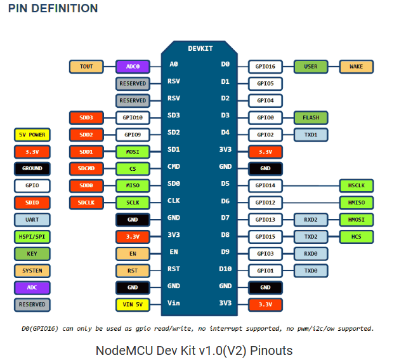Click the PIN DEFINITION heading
coord(53,8)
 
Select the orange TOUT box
coord(86,66)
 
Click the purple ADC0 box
coord(133,66)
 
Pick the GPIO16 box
coord(265,66)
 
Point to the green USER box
coord(311,66)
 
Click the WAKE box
coord(357,66)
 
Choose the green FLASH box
coord(311,117)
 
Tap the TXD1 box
coord(311,135)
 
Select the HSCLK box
coord(357,185)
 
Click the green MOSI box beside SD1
coord(133,152)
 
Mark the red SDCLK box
coord(86,203)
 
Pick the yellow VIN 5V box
coord(133,305)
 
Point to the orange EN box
coord(133,253)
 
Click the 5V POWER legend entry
coord(32,135)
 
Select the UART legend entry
coord(32,220)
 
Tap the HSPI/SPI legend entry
coord(32,236)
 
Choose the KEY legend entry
coord(32,253)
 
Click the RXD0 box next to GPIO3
coord(311,253)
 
